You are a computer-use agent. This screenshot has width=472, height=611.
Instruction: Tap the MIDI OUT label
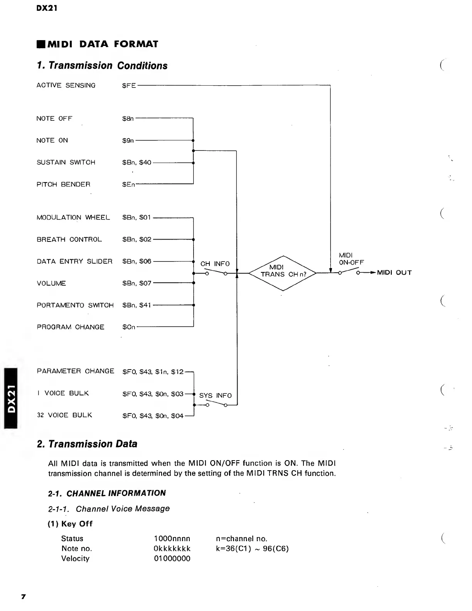(394, 273)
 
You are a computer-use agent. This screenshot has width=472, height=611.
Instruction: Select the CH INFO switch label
(215, 264)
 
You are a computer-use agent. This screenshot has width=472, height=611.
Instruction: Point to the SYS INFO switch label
(215, 396)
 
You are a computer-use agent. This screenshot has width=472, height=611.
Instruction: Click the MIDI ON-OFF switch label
(351, 259)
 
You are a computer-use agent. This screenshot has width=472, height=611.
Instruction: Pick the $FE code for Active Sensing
(129, 86)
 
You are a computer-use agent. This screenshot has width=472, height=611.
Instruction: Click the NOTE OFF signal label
(54, 118)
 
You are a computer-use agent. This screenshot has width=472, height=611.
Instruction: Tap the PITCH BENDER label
(63, 184)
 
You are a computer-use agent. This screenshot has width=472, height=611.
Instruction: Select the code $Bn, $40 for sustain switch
(137, 162)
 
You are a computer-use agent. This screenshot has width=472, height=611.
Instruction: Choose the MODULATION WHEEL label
(73, 218)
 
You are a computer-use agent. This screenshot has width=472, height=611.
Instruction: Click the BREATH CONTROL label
(69, 240)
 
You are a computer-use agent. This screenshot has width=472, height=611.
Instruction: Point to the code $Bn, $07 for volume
(137, 284)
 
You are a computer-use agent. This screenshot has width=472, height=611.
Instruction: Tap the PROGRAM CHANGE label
(70, 327)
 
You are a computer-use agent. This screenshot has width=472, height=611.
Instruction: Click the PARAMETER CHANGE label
(75, 371)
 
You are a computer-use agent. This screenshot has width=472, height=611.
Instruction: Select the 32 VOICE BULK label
(64, 415)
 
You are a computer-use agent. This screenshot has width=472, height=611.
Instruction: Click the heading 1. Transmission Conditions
(102, 66)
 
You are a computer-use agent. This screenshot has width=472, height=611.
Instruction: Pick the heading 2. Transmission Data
(87, 444)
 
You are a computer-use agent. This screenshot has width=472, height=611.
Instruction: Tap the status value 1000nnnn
(172, 538)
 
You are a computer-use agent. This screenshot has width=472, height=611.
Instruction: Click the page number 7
(23, 597)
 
